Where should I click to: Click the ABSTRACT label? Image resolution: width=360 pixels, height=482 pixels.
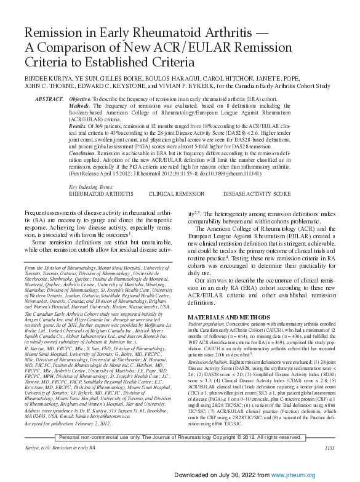49,99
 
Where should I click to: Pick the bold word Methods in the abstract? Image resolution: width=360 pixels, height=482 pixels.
81,106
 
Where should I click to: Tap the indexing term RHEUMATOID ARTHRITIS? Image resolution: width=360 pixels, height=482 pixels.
100,193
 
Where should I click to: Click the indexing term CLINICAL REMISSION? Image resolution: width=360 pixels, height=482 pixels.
178,193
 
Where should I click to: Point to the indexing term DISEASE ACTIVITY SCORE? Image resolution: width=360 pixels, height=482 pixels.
258,193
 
